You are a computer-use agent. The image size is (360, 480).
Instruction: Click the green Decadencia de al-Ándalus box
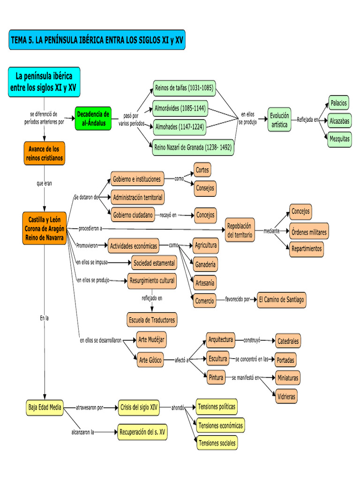click(x=93, y=119)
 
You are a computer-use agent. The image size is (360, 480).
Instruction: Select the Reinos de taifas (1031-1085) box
click(x=184, y=88)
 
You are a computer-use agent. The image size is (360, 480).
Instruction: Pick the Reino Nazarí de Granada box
click(x=193, y=147)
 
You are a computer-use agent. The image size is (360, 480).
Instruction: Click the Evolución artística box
click(x=279, y=120)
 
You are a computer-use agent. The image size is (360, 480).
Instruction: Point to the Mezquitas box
click(x=339, y=139)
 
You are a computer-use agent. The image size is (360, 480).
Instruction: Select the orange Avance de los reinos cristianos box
click(x=43, y=154)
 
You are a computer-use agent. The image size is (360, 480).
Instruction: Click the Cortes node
click(x=203, y=170)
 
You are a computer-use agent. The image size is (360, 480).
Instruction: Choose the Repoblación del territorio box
click(x=240, y=230)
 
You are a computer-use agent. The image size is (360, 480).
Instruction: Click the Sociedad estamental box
click(x=154, y=263)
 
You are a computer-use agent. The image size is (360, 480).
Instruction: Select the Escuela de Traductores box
click(x=152, y=320)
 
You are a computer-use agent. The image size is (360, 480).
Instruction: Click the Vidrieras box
click(x=286, y=396)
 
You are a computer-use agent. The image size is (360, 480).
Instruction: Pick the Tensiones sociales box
click(x=217, y=442)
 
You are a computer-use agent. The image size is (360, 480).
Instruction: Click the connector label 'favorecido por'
click(x=237, y=299)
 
